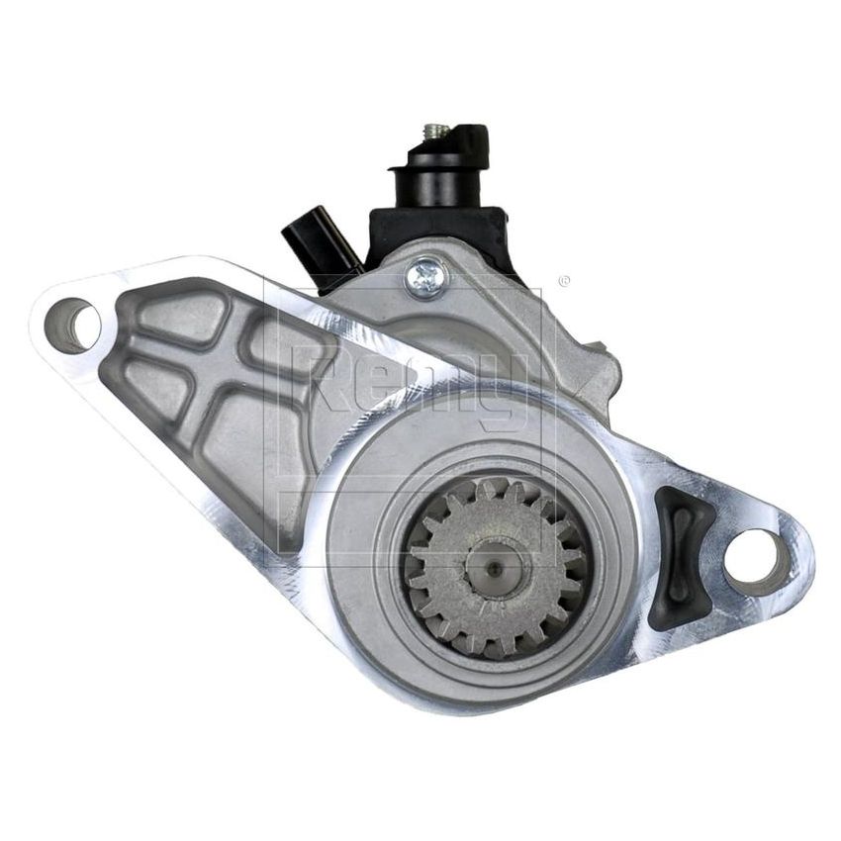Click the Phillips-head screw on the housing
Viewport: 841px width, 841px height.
[x=428, y=271]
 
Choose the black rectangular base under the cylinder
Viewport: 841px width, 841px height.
[x=435, y=228]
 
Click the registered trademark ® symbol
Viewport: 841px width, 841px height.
[x=564, y=281]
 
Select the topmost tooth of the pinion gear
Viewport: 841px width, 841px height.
[x=491, y=488]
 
